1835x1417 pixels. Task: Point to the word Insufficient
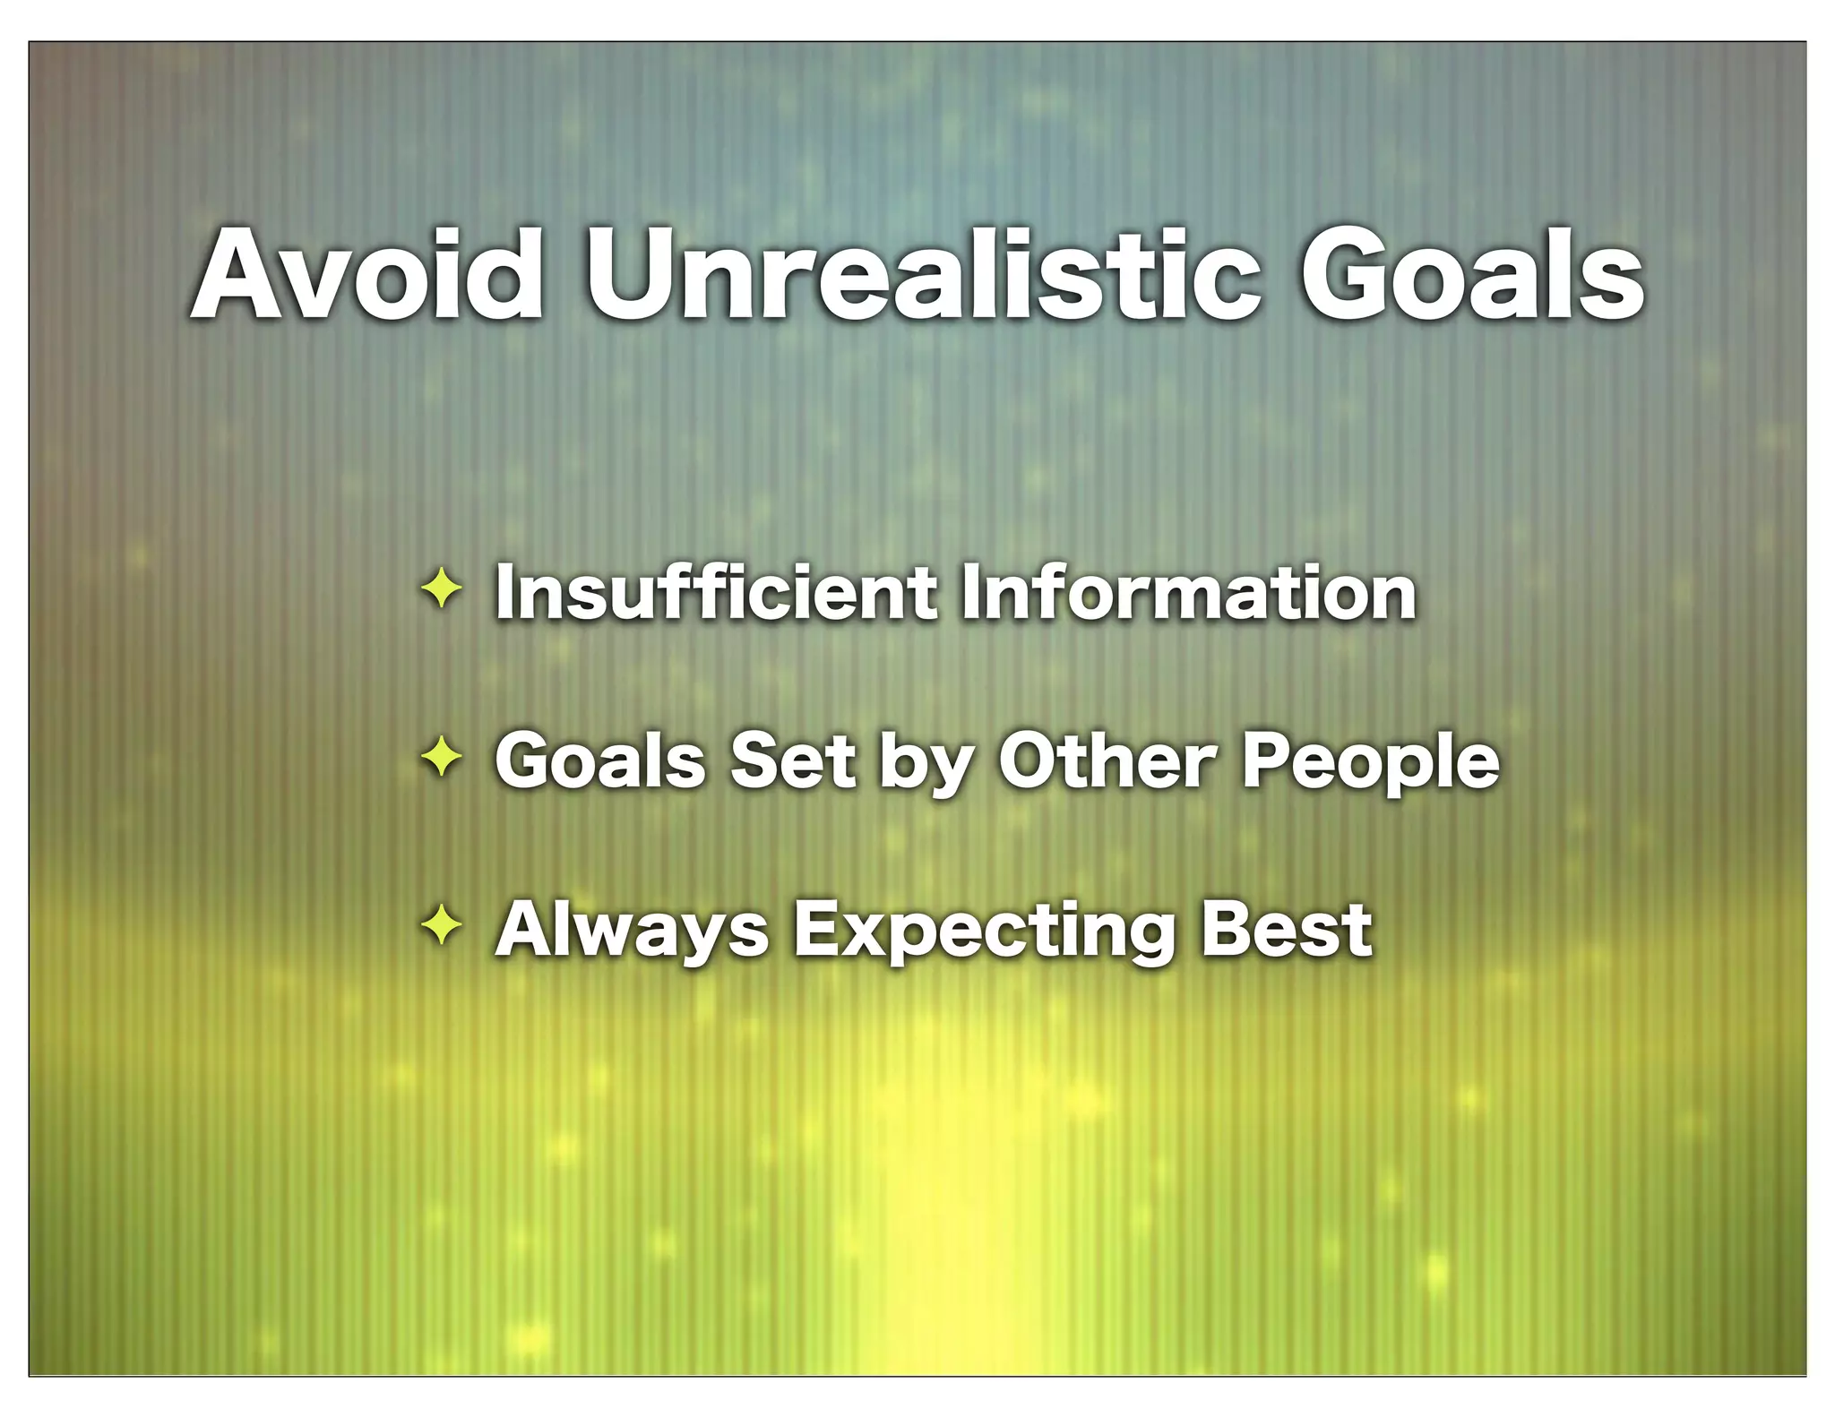click(x=716, y=592)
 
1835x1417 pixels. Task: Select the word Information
click(x=1187, y=592)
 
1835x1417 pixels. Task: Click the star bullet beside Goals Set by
click(x=442, y=759)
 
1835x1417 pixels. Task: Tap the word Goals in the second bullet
click(x=600, y=761)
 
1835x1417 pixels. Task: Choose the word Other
click(x=1107, y=761)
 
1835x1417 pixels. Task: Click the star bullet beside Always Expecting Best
click(x=442, y=927)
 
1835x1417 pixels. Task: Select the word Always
click(x=633, y=932)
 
